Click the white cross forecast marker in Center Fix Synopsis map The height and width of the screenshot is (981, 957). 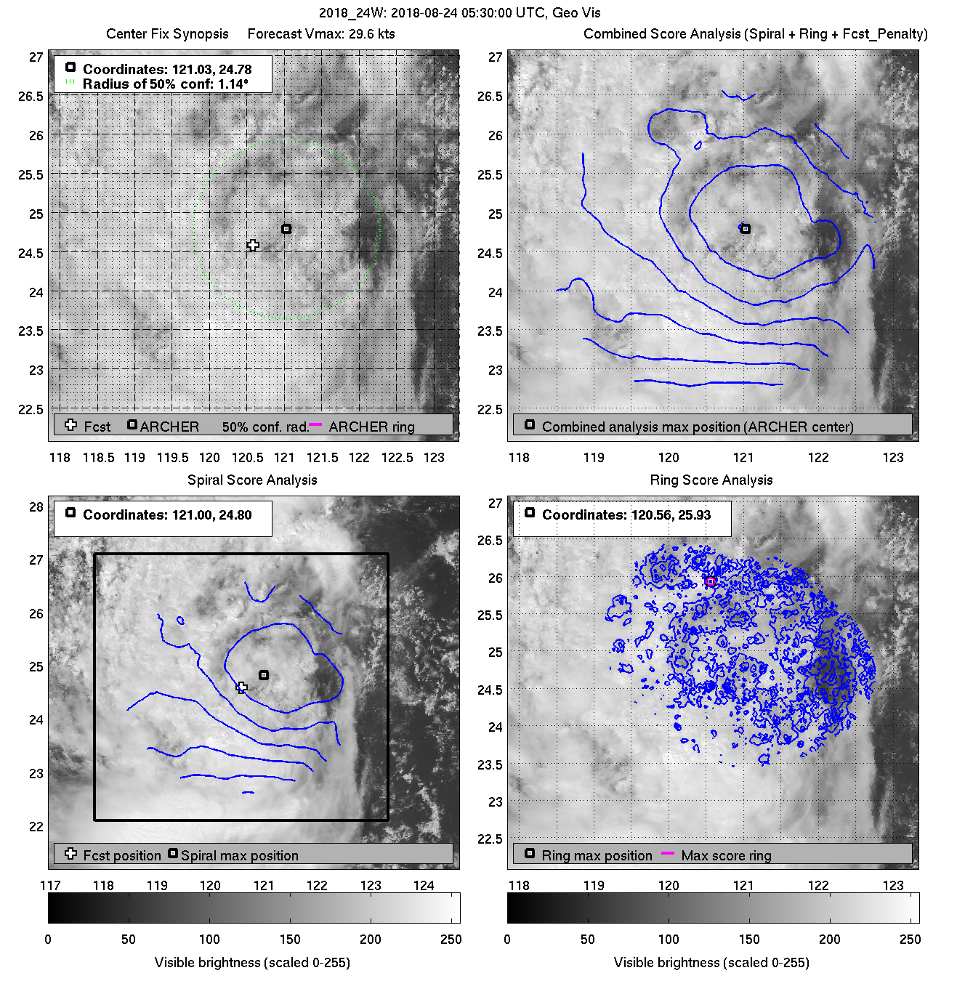pyautogui.click(x=253, y=246)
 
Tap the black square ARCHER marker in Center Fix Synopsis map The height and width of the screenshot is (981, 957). pyautogui.click(x=286, y=229)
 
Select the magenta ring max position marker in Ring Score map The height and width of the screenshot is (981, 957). pyautogui.click(x=711, y=581)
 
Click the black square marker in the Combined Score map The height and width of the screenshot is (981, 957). pyautogui.click(x=745, y=229)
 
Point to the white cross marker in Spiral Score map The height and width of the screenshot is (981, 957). pyautogui.click(x=242, y=687)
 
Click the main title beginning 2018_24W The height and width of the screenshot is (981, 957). pyautogui.click(x=459, y=13)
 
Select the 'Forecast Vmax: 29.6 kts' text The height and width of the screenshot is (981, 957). pyautogui.click(x=321, y=34)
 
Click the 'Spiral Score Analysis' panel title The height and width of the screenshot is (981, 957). pyautogui.click(x=252, y=480)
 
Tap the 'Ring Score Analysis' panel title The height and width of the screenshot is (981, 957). pyautogui.click(x=711, y=480)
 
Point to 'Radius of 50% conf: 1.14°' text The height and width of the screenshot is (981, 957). pyautogui.click(x=165, y=84)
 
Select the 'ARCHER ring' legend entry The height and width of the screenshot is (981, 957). pyautogui.click(x=371, y=427)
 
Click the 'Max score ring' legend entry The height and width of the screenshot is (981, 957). pyautogui.click(x=726, y=855)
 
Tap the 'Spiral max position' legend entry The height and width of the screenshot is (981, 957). pyautogui.click(x=239, y=855)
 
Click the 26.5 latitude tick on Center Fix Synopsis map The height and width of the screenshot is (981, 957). pyautogui.click(x=31, y=97)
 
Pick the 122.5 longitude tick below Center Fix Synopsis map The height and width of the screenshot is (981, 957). pyautogui.click(x=397, y=458)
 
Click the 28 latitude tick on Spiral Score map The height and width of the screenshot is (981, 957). pyautogui.click(x=36, y=506)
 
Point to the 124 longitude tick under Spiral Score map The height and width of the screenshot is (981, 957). pyautogui.click(x=424, y=886)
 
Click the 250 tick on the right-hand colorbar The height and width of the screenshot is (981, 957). pyautogui.click(x=910, y=939)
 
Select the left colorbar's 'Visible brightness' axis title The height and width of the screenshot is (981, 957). pyautogui.click(x=252, y=962)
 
